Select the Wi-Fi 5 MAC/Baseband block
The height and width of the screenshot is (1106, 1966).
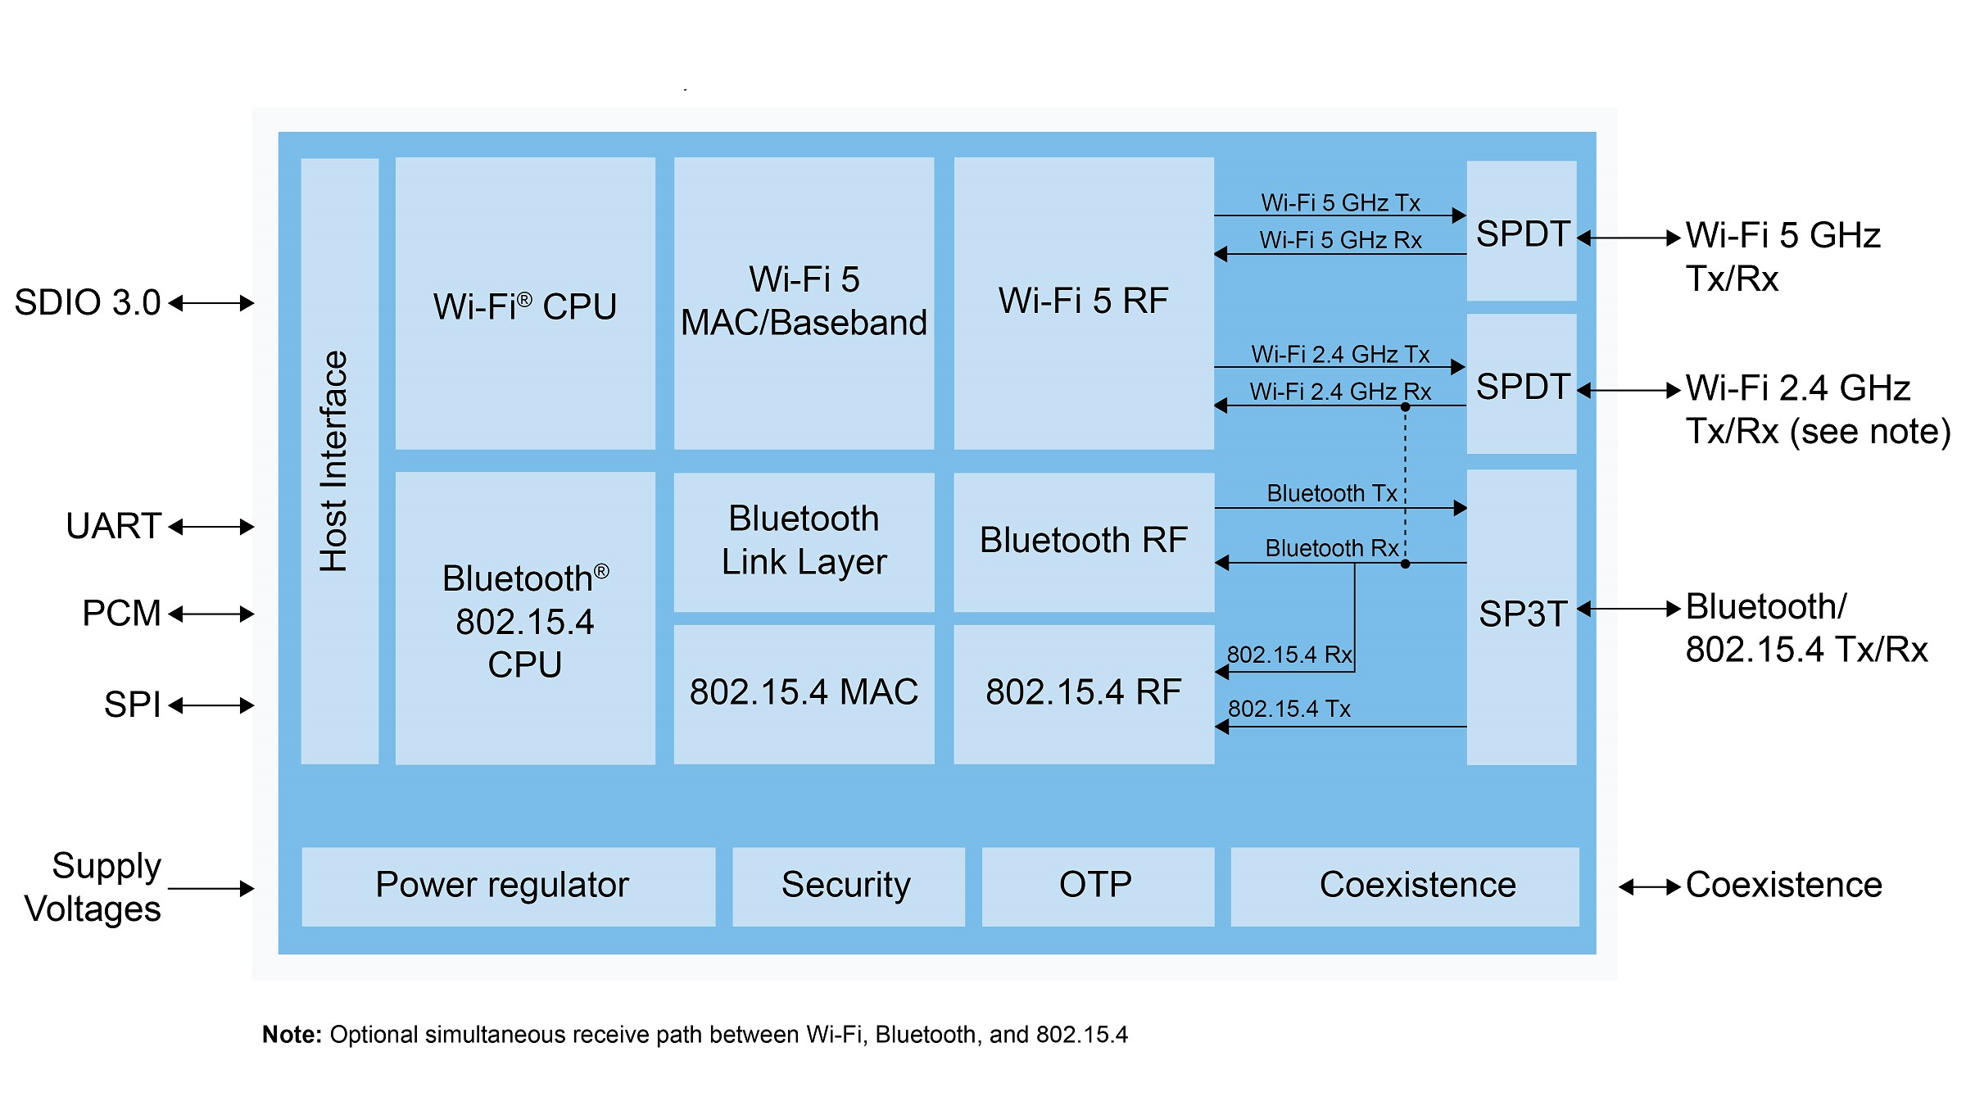pyautogui.click(x=804, y=301)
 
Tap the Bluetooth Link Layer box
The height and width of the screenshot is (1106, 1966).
pyautogui.click(x=804, y=541)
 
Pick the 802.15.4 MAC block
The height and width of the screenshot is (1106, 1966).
pyautogui.click(x=804, y=693)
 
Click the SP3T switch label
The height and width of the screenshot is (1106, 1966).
pyautogui.click(x=1522, y=614)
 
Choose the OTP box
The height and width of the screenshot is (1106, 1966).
pyautogui.click(x=1096, y=886)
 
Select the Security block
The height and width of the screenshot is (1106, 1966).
pyautogui.click(x=846, y=886)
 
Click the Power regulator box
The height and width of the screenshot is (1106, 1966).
pyautogui.click(x=503, y=886)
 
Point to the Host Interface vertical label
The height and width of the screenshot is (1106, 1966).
pyautogui.click(x=335, y=461)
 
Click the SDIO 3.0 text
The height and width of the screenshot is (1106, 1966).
pyautogui.click(x=88, y=303)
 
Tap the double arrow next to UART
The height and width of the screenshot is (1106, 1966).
pyautogui.click(x=211, y=527)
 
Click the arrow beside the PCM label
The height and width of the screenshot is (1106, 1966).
pyautogui.click(x=211, y=614)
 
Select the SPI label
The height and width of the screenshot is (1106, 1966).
pyautogui.click(x=131, y=705)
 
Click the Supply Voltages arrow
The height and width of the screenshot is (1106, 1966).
pyautogui.click(x=211, y=888)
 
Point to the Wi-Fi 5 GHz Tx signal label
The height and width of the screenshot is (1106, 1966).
pyautogui.click(x=1340, y=202)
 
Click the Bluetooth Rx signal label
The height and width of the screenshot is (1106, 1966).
pyautogui.click(x=1331, y=548)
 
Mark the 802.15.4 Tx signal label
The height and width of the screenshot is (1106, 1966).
pyautogui.click(x=1289, y=709)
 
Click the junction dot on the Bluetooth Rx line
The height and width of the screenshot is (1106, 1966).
pyautogui.click(x=1405, y=564)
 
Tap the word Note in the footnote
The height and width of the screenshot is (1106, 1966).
pyautogui.click(x=292, y=1036)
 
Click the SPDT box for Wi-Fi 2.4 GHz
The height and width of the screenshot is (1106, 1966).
pyautogui.click(x=1522, y=385)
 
